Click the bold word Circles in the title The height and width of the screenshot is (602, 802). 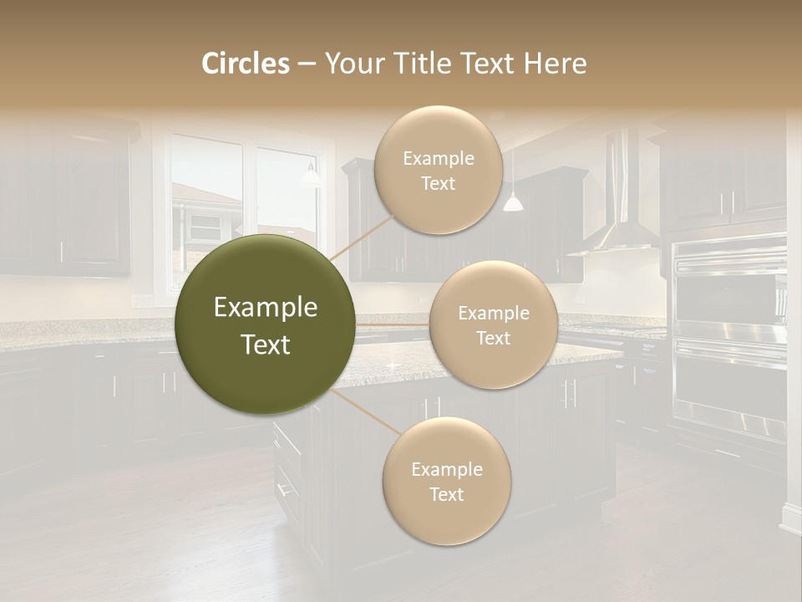tap(245, 64)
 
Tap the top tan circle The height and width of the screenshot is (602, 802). tap(438, 170)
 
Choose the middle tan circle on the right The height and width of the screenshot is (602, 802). tap(493, 324)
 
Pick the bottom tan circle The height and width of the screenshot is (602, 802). tap(446, 481)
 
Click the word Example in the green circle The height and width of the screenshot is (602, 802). tap(266, 308)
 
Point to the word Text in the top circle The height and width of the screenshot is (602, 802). tap(438, 183)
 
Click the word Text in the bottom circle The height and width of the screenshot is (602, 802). tap(446, 494)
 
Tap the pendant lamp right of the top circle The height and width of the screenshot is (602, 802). tap(513, 202)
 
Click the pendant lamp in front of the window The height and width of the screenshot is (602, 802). tap(311, 176)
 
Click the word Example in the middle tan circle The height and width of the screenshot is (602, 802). tap(493, 314)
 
